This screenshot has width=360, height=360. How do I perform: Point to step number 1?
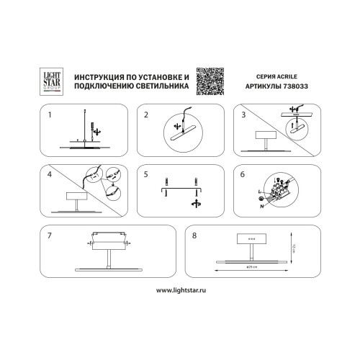48,114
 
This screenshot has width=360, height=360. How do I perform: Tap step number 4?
48,174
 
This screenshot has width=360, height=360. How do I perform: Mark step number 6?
243,174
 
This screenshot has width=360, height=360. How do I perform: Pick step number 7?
48,235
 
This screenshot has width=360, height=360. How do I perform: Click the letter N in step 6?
261,204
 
